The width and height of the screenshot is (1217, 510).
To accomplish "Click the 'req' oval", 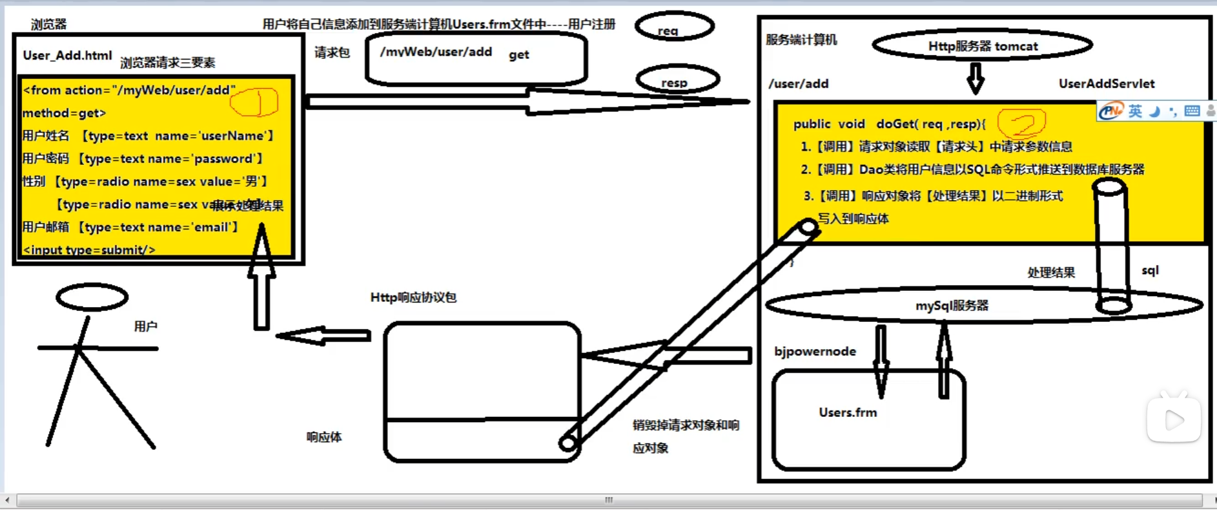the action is (674, 28).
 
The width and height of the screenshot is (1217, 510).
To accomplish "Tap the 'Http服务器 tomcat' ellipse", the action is (982, 46).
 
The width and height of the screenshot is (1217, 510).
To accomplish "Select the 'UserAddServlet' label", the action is (1106, 83).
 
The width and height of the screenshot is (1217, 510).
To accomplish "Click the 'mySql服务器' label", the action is (952, 305).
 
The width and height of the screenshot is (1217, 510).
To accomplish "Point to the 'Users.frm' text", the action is (848, 412).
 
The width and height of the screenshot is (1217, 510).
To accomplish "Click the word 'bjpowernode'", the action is (815, 351).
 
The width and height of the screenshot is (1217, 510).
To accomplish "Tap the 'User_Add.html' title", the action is (67, 56).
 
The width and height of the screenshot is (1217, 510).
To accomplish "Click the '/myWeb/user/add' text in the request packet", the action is (436, 52).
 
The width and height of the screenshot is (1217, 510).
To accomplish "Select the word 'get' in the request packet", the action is (518, 55).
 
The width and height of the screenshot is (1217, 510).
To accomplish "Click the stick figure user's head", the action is (92, 297).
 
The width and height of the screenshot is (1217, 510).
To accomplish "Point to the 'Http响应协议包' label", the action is (413, 297).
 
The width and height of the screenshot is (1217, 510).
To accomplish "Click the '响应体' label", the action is (324, 437).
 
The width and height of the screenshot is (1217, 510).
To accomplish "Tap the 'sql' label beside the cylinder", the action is (1150, 270).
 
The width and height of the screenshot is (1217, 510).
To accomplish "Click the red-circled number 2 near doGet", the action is (1021, 122).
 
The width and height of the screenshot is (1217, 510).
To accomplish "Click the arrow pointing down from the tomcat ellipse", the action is (975, 78).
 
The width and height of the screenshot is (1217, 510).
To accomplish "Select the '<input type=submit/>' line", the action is (89, 250).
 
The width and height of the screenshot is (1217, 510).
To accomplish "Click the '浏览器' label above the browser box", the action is (48, 25).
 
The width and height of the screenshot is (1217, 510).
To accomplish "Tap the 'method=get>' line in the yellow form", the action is (64, 113).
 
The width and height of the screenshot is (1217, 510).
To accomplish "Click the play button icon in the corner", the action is (1174, 420).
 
